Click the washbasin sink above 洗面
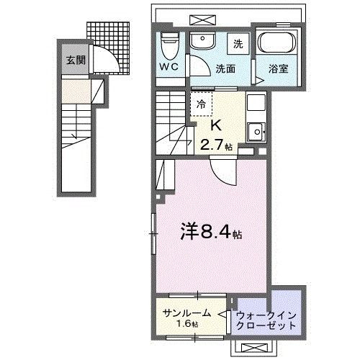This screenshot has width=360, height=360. pyautogui.click(x=202, y=41)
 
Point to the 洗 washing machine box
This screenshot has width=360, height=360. pyautogui.click(x=238, y=44)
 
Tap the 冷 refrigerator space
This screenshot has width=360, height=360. pyautogui.click(x=202, y=104)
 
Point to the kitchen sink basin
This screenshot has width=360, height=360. pyautogui.click(x=256, y=131)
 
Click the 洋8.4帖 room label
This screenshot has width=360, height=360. pyautogui.click(x=210, y=233)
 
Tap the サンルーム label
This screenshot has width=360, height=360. pyautogui.click(x=186, y=313)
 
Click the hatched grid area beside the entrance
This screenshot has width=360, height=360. pyautogui.click(x=109, y=35)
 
